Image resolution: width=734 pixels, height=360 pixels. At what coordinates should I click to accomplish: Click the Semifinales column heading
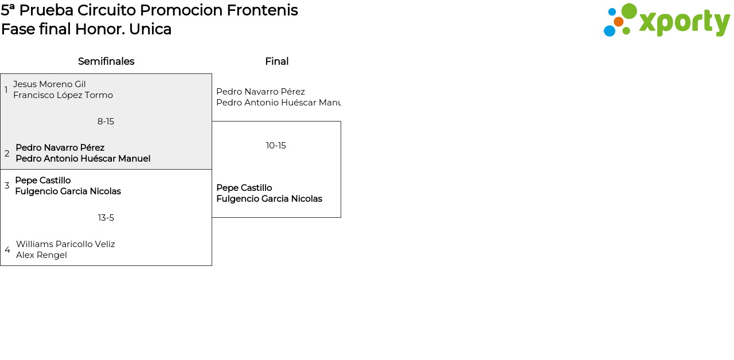click(106, 61)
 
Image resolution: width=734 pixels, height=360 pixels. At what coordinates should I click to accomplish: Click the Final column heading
click(277, 61)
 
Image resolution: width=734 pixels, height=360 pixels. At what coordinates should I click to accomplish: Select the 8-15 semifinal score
click(106, 122)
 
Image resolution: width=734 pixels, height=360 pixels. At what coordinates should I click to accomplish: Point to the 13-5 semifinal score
click(106, 218)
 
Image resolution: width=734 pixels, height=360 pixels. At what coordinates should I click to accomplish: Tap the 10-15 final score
click(276, 146)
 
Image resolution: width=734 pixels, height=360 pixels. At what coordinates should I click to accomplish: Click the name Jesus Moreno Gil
click(49, 84)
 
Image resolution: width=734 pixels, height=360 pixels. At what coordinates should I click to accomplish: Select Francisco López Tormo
click(63, 95)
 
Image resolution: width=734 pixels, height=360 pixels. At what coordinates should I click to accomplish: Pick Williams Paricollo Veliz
click(65, 244)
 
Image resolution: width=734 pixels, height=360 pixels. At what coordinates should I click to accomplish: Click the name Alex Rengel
click(41, 255)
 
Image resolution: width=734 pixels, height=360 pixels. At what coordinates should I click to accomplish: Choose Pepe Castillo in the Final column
click(244, 187)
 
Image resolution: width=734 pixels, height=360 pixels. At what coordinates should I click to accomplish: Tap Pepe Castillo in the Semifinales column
click(43, 180)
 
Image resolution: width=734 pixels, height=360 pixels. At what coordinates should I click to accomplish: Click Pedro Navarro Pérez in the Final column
click(260, 91)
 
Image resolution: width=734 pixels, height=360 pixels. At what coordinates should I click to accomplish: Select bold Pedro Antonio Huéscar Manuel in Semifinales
click(83, 159)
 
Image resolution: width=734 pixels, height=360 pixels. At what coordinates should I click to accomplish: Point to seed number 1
click(6, 89)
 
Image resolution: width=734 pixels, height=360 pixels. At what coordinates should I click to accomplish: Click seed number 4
click(7, 250)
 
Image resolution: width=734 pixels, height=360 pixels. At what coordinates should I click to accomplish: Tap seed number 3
click(7, 186)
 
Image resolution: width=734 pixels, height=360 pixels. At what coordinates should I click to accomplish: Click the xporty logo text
click(684, 23)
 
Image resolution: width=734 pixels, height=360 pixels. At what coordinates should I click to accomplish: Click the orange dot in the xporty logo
click(619, 22)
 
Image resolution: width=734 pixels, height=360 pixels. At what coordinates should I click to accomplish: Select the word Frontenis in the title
click(262, 10)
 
